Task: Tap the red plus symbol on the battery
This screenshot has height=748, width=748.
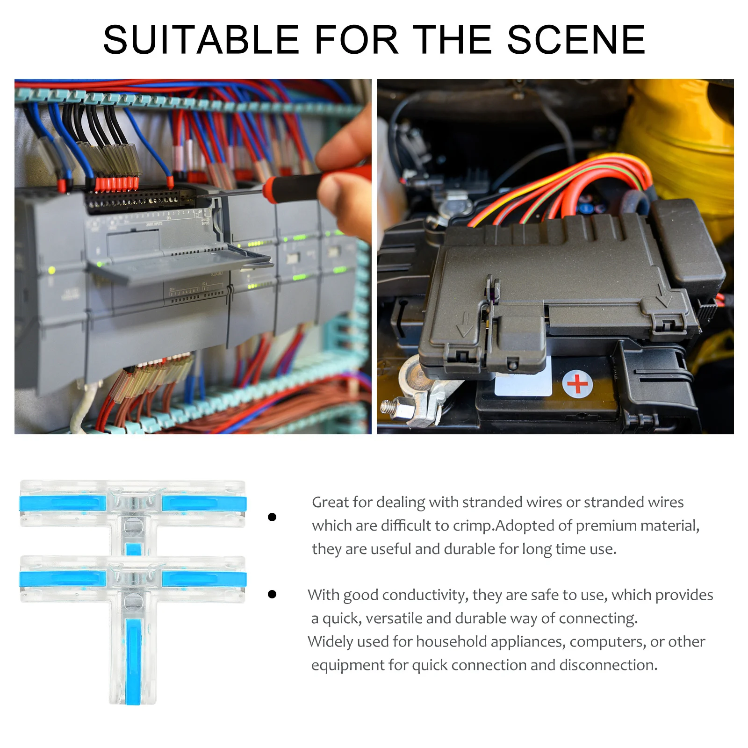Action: [577, 384]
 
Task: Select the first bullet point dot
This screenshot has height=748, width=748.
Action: [272, 517]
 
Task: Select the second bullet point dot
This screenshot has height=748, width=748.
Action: [272, 594]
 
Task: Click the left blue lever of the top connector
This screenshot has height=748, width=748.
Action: [63, 503]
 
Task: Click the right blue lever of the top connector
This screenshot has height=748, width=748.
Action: [204, 503]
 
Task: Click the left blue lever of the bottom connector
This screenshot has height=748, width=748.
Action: [63, 579]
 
